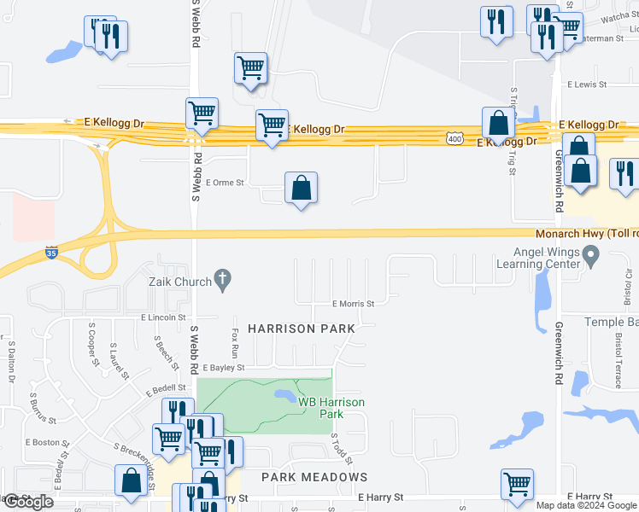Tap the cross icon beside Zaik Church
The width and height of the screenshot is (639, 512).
pos(222,278)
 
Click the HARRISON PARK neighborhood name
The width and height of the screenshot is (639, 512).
pos(301,329)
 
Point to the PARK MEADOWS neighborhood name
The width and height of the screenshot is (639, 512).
pos(314,477)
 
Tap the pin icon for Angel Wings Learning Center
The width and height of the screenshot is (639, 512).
pos(590,254)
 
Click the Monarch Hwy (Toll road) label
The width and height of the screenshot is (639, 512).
pos(586,233)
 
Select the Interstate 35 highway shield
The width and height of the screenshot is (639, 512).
pos(51,253)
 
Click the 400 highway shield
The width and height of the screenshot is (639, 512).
pos(454,137)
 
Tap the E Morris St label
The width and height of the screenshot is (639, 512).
pos(354,304)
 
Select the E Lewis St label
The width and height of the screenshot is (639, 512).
pos(587,85)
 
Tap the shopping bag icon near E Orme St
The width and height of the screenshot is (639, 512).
pos(301,189)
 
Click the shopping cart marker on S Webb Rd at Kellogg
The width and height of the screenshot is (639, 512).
pos(202,113)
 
